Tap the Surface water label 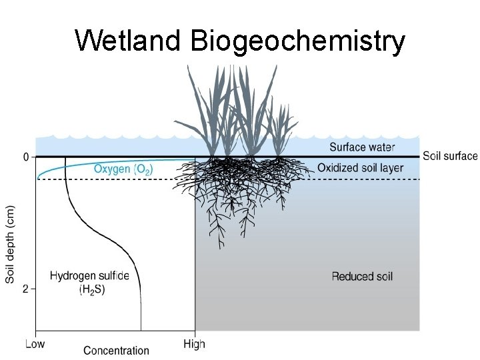pyautogui.click(x=363, y=147)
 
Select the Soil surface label pyautogui.click(x=450, y=156)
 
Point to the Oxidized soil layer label pyautogui.click(x=360, y=168)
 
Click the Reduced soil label pyautogui.click(x=362, y=276)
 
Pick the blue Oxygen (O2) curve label pyautogui.click(x=123, y=169)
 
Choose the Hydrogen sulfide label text pyautogui.click(x=90, y=275)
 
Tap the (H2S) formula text pyautogui.click(x=92, y=289)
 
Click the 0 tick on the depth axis pyautogui.click(x=26, y=157)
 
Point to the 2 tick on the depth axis pyautogui.click(x=26, y=289)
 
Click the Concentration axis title pyautogui.click(x=116, y=350)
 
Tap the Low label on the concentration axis pyautogui.click(x=35, y=345)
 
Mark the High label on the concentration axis pyautogui.click(x=194, y=345)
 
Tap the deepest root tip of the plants pyautogui.click(x=218, y=247)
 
